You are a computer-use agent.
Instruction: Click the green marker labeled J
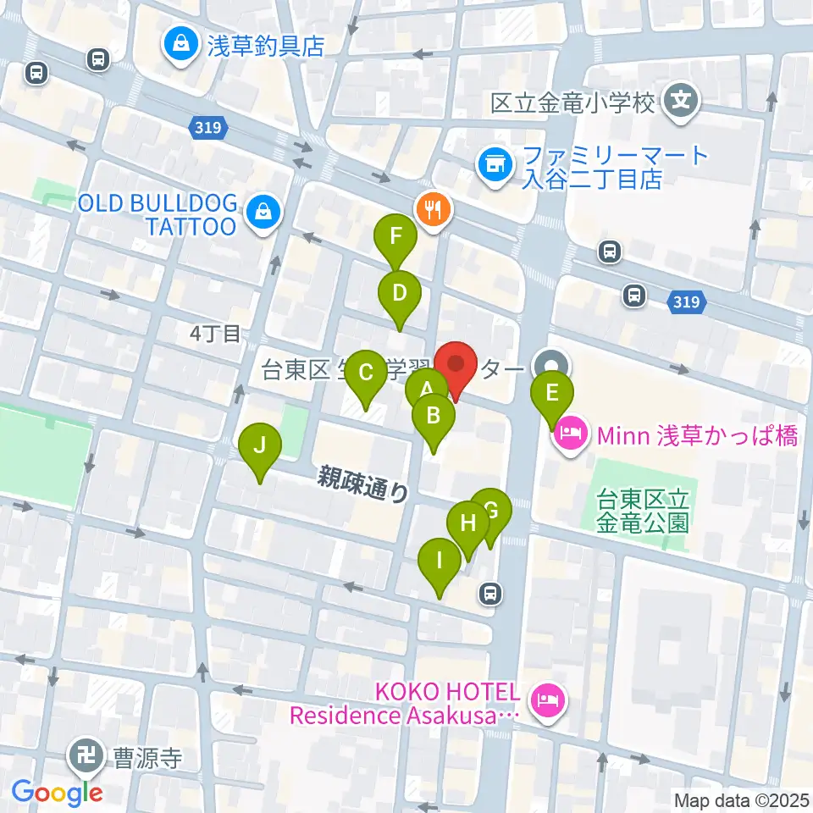click(x=259, y=445)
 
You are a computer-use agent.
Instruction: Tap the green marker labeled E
click(x=552, y=394)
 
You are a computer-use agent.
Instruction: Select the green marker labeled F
click(x=395, y=236)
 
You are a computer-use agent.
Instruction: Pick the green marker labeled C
click(x=366, y=373)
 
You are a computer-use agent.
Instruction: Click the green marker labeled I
click(x=439, y=561)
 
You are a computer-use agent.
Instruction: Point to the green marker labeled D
click(x=400, y=293)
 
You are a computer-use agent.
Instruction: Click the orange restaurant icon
click(x=434, y=209)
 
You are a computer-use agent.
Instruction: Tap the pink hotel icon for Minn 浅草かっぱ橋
click(x=571, y=436)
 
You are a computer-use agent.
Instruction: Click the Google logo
click(x=57, y=793)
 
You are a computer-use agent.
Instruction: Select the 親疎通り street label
click(x=363, y=485)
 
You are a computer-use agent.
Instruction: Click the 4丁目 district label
click(x=215, y=334)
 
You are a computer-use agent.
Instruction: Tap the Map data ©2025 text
click(x=740, y=799)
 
